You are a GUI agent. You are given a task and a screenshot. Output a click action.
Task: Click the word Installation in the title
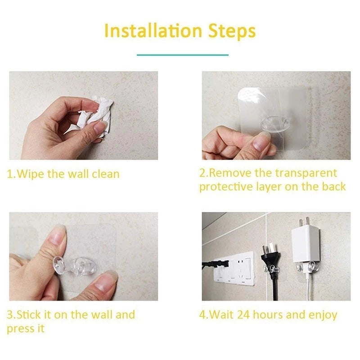click(153, 31)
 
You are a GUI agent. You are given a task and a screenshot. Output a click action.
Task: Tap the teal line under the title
click(182, 55)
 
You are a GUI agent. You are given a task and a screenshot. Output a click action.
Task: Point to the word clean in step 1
click(105, 174)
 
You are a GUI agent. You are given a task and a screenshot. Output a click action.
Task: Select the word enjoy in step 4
click(322, 315)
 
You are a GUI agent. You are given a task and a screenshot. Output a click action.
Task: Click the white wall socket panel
click(236, 269)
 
